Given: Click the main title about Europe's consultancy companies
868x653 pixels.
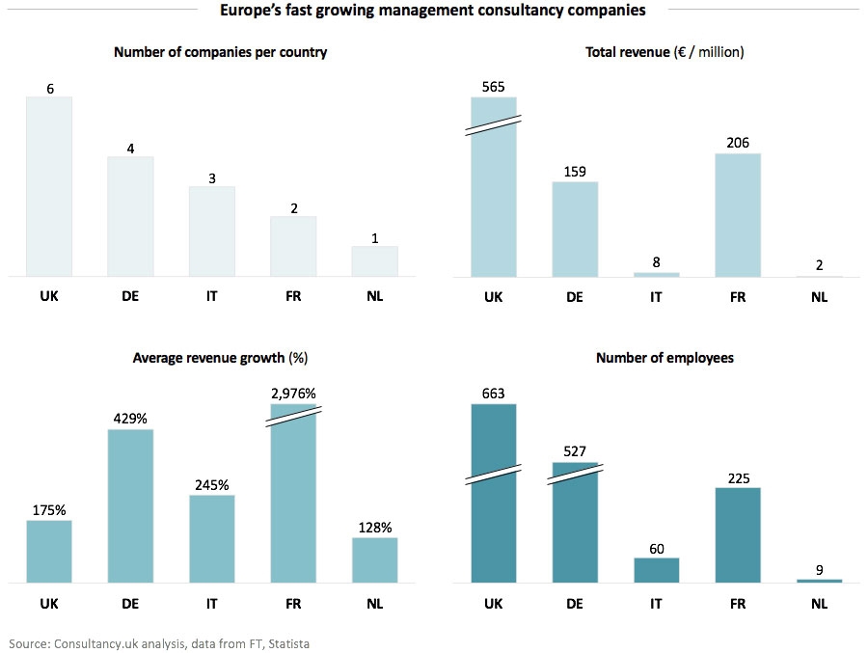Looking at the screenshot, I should pos(431,11).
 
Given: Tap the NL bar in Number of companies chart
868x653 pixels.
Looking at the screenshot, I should pos(374,261).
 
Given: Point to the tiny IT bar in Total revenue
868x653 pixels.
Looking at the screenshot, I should pos(656,274).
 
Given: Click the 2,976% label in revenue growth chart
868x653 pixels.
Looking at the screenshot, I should pos(293,394).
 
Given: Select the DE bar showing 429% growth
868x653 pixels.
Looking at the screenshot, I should pos(130,505).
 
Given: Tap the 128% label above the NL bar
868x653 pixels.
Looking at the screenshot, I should pos(374,528).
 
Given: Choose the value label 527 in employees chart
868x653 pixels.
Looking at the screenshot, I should pos(575,450).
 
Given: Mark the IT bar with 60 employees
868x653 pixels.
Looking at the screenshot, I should pos(656,570).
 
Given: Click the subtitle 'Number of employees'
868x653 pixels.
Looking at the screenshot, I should pos(665,358).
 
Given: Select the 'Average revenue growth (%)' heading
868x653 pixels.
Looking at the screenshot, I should pos(220,358).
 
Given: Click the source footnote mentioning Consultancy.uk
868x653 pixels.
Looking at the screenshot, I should pos(159,642).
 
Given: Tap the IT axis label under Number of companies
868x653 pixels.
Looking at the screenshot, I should pos(212,296).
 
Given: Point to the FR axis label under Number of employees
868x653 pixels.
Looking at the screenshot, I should pos(738,603).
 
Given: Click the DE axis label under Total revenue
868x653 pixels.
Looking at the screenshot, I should pos(575,296).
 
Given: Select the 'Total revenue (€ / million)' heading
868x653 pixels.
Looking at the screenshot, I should pos(665,52).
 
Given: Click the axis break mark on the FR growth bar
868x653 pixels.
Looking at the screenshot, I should pos(293,413).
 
